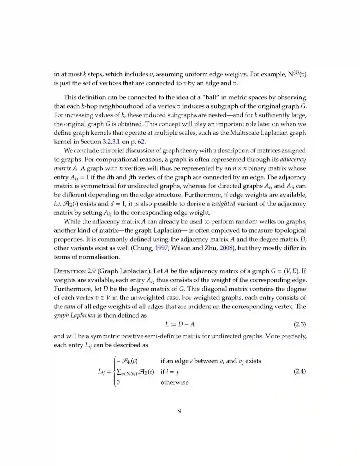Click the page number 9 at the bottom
180,411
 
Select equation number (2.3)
299,324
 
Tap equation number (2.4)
299,371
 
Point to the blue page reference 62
142,141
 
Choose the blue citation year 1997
161,248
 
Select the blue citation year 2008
227,248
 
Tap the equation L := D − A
180,324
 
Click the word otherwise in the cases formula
174,382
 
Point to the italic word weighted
223,204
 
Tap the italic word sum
69,307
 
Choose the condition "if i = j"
170,372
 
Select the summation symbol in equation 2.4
119,372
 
